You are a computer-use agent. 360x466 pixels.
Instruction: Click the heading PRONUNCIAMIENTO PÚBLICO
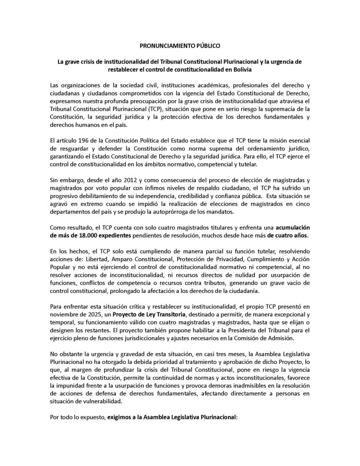[180, 46]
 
